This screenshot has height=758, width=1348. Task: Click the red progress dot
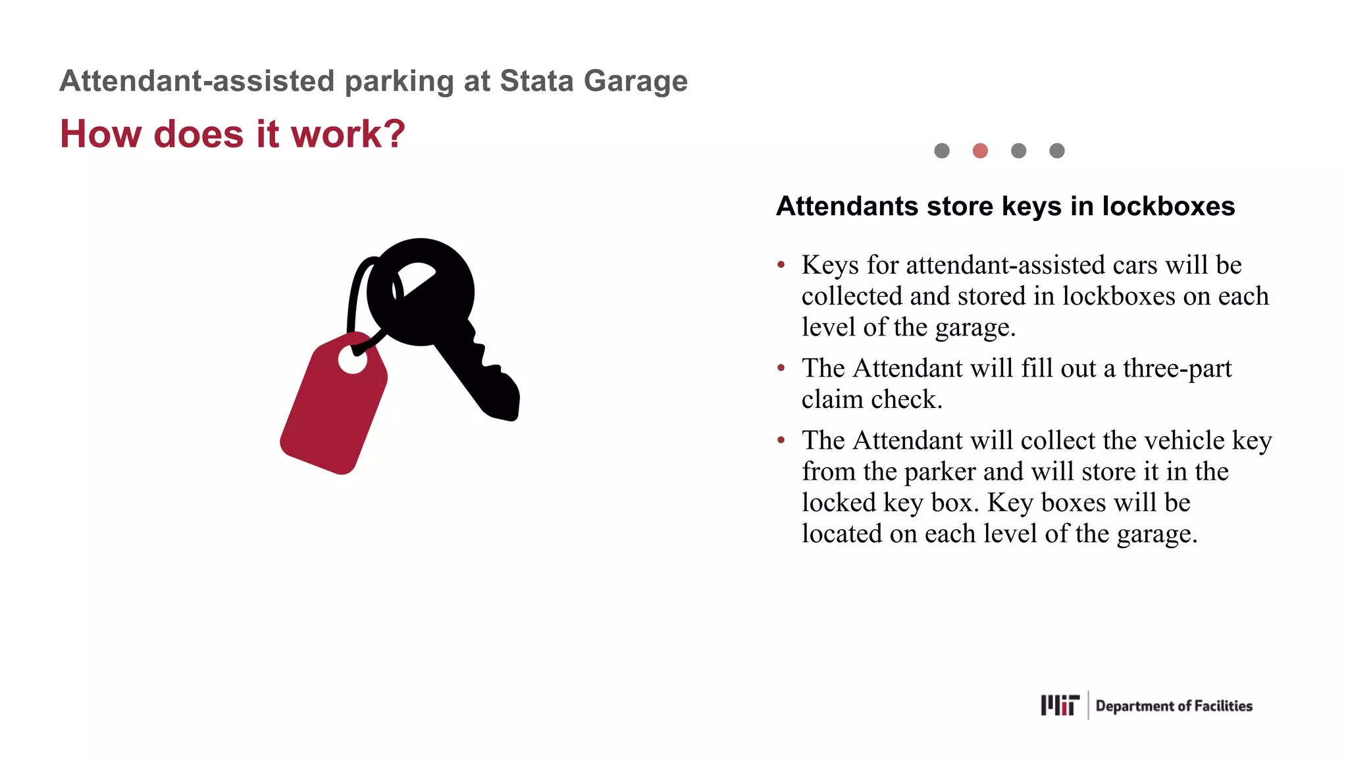[980, 151]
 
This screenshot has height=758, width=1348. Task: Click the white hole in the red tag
[353, 360]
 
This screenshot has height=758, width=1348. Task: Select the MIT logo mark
[1060, 705]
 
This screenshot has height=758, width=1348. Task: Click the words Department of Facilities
[1174, 706]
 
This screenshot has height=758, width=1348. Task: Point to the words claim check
[871, 399]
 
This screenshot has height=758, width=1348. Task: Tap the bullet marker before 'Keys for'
[781, 265]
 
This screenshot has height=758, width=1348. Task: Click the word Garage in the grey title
[635, 81]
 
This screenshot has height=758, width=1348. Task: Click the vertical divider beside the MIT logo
[1088, 705]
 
